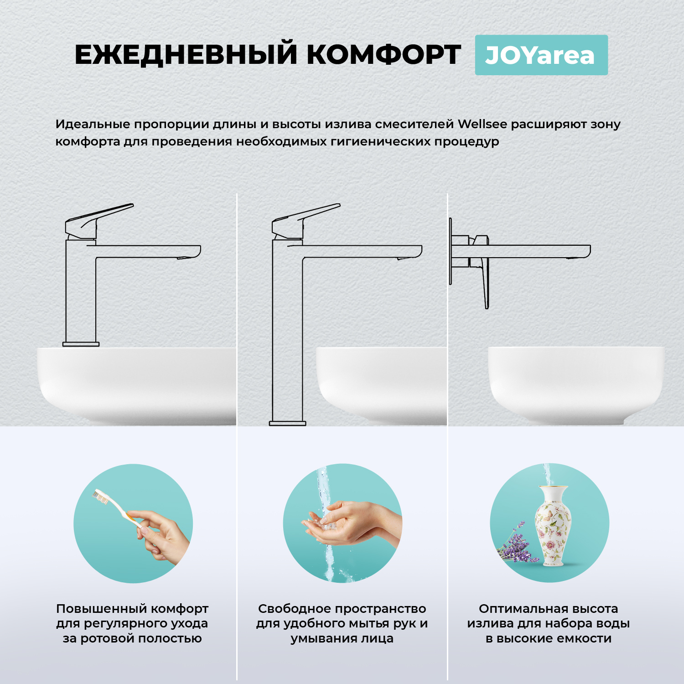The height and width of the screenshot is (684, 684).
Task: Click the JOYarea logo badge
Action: (x=541, y=55)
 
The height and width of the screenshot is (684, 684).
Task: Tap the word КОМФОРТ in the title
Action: (x=383, y=55)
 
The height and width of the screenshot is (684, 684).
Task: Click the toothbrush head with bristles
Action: (x=101, y=497)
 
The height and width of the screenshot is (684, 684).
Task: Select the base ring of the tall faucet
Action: (x=287, y=423)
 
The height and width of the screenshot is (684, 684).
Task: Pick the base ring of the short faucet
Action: (x=81, y=344)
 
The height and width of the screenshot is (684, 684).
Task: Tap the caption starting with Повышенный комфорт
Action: (x=132, y=623)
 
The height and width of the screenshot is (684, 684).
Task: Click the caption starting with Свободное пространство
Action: (x=342, y=623)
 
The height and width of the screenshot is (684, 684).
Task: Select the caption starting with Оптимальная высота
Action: (x=548, y=623)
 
